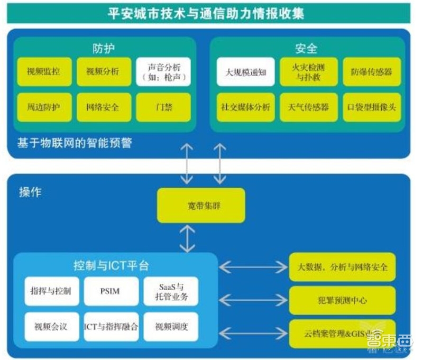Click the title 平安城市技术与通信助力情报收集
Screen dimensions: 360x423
click(206, 13)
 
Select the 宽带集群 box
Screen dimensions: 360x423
click(201, 205)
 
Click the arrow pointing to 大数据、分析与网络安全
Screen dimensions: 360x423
click(253, 267)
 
